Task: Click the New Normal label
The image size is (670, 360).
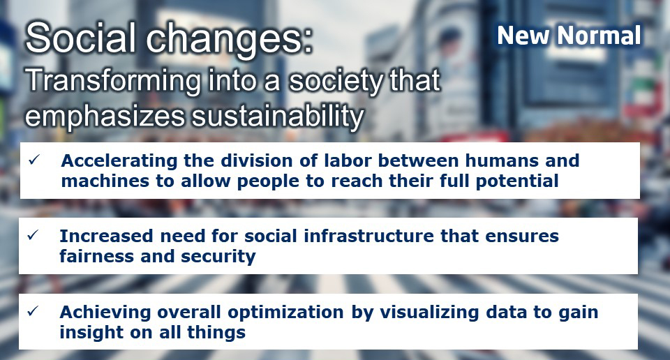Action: coord(569,35)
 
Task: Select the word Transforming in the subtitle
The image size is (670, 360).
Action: coord(113,81)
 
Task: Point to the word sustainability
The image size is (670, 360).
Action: coord(278,116)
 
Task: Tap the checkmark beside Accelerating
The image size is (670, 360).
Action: coord(33,160)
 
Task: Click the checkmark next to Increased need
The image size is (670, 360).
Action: coord(33,235)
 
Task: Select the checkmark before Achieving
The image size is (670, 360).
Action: coord(33,311)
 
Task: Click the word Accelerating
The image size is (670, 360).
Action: coord(119,161)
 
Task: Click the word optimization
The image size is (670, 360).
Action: coord(285,313)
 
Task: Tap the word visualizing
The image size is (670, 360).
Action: coord(429,313)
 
